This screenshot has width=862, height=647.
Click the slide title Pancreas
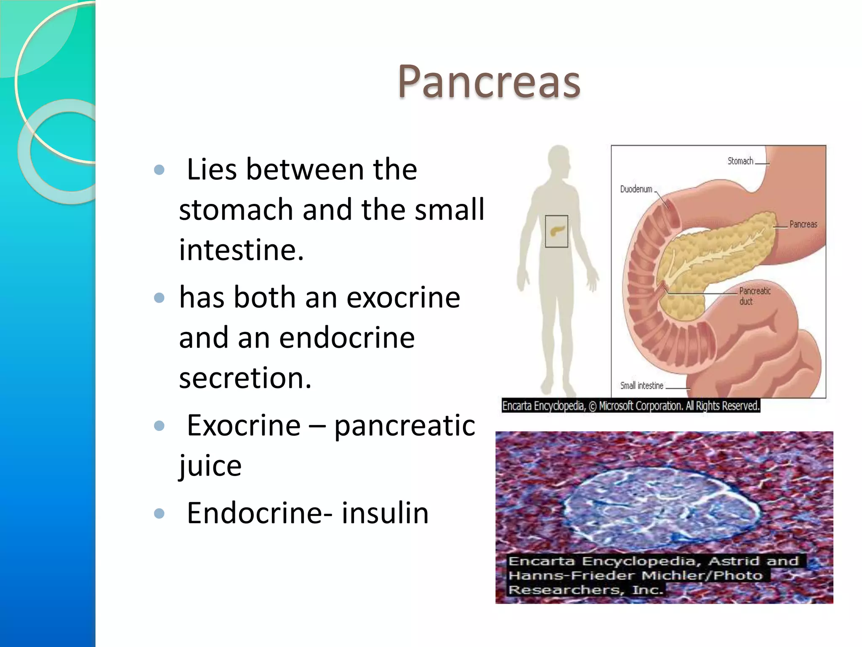click(489, 82)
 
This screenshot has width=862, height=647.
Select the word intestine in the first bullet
click(241, 250)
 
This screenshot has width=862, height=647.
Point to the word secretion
click(245, 378)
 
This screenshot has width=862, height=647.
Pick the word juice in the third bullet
click(210, 466)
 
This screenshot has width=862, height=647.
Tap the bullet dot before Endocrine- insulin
click(159, 513)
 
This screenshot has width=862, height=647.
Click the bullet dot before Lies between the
click(159, 170)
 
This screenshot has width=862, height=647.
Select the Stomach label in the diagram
click(740, 161)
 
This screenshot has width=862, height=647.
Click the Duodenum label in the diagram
click(636, 189)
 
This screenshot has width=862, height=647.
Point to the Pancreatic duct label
click(754, 296)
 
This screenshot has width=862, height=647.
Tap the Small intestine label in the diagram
click(641, 385)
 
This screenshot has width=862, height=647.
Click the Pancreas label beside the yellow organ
click(803, 224)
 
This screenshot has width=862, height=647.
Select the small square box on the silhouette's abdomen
click(556, 231)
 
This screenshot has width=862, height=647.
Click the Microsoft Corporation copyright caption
click(631, 406)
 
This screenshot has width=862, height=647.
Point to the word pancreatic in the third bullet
click(404, 425)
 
